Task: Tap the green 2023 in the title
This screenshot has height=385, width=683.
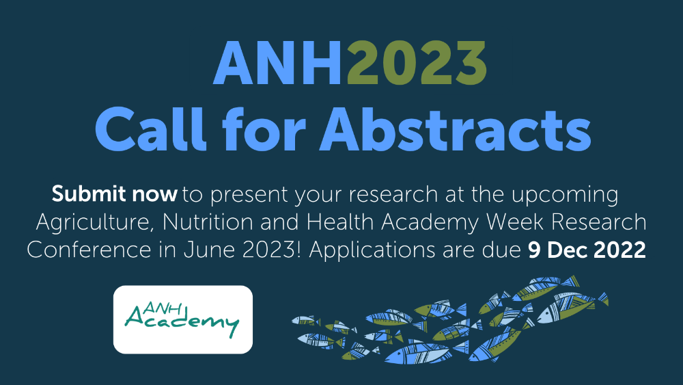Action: [416, 63]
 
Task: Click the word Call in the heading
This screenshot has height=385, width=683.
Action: [150, 129]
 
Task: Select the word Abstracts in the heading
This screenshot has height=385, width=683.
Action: [456, 129]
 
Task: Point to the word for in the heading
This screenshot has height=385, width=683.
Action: [264, 129]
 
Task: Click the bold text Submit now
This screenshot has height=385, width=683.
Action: [115, 194]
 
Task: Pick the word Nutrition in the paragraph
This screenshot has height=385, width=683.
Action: [208, 222]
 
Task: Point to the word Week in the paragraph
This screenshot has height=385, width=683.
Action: [515, 222]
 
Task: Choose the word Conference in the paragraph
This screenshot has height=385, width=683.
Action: [89, 250]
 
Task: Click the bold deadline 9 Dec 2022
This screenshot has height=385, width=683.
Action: [587, 250]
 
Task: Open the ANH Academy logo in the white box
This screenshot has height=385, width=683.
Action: [183, 319]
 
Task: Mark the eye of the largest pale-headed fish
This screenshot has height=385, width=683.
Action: [546, 315]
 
